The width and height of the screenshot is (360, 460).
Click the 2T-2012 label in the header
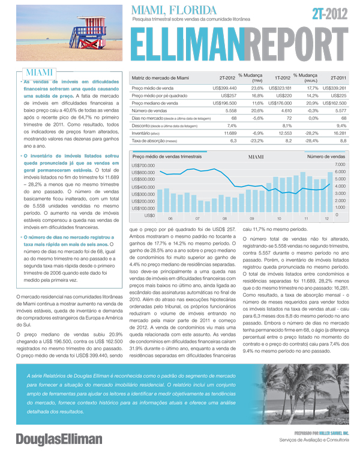330,13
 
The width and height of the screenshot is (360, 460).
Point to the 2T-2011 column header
338,77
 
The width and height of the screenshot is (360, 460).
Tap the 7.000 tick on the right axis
339,164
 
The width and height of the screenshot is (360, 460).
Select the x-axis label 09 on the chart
252,219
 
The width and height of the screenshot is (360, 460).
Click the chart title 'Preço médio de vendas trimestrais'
167,156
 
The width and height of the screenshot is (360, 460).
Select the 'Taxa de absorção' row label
153,140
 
